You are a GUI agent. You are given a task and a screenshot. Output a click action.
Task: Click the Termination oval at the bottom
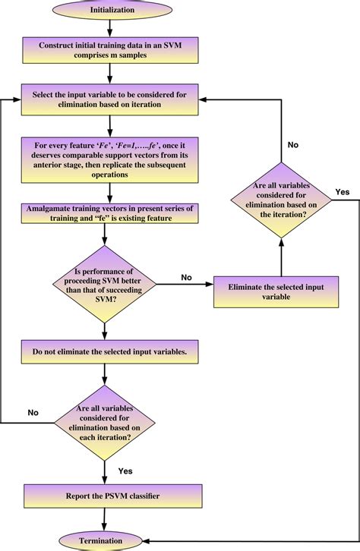[111, 540]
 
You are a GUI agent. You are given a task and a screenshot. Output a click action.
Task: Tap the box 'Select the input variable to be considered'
[111, 100]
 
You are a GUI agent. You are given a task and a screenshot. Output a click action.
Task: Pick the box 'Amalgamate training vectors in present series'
[111, 213]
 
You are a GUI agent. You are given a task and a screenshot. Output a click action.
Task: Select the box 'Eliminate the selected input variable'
[280, 291]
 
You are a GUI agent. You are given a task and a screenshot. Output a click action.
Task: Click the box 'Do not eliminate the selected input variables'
[111, 352]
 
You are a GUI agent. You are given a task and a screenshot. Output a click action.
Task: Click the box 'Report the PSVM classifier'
[111, 497]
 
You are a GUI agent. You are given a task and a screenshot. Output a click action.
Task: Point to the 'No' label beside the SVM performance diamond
[186, 277]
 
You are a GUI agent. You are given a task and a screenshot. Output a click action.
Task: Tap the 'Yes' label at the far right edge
[343, 191]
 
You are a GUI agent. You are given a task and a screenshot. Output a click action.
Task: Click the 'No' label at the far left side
[33, 412]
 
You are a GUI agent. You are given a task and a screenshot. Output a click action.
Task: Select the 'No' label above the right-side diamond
[292, 144]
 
